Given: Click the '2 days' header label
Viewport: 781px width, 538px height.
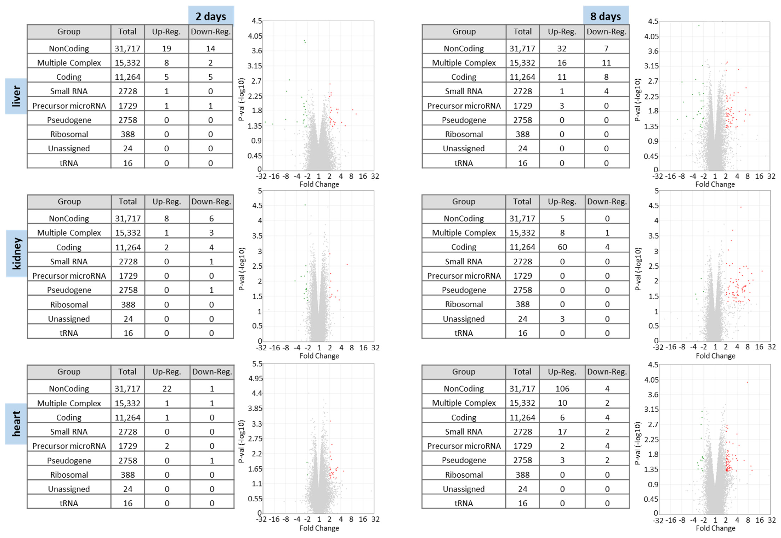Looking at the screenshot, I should click(x=211, y=16).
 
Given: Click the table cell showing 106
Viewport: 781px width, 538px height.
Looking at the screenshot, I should click(x=562, y=389).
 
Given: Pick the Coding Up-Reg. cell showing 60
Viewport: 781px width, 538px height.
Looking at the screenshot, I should click(x=562, y=247).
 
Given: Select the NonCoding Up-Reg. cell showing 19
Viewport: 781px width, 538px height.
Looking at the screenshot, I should click(x=166, y=48).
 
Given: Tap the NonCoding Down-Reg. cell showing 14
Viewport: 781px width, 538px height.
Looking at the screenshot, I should click(x=210, y=48).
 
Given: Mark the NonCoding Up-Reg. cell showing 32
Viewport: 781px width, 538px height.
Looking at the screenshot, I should click(x=562, y=48).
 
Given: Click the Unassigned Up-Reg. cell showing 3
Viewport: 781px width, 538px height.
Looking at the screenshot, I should click(x=562, y=319).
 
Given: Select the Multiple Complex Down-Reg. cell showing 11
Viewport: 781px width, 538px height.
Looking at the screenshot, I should click(x=606, y=63).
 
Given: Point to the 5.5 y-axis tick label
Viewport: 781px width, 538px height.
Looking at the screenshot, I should click(x=257, y=364).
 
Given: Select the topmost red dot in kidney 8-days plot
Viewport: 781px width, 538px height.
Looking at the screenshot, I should click(x=741, y=207).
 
